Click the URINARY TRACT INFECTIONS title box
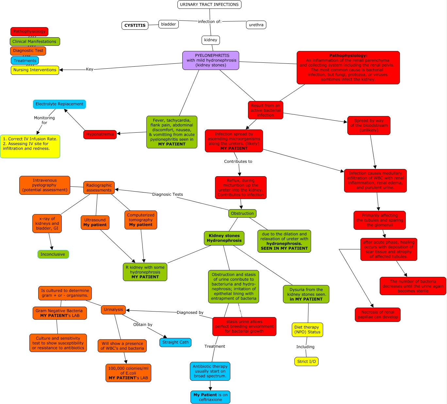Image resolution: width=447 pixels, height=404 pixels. click(x=209, y=5)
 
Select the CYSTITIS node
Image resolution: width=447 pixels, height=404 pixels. click(x=135, y=25)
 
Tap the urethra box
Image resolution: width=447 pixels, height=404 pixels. click(x=256, y=25)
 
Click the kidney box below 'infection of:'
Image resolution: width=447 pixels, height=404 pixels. click(x=210, y=40)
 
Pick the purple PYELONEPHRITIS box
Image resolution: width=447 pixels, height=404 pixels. click(x=211, y=60)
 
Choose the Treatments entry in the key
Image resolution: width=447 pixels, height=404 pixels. click(x=25, y=60)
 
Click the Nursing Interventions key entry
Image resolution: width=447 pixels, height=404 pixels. click(x=35, y=70)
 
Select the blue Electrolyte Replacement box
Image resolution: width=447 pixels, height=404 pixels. click(x=59, y=104)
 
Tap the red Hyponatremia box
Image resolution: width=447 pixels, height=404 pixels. click(x=100, y=134)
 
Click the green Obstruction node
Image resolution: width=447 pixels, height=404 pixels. click(x=242, y=213)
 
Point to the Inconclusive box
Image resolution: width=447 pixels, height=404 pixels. click(x=53, y=254)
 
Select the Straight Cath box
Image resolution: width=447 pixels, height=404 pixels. click(x=175, y=342)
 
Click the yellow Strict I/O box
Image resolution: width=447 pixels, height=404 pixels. click(x=306, y=362)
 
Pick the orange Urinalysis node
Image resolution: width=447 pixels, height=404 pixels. click(x=113, y=310)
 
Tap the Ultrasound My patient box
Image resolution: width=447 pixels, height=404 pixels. click(x=95, y=223)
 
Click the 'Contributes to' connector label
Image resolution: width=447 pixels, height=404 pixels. click(x=238, y=161)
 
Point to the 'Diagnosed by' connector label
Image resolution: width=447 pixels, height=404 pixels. click(x=190, y=312)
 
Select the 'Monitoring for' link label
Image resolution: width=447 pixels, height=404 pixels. click(x=44, y=120)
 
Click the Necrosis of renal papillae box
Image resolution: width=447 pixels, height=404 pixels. click(x=378, y=314)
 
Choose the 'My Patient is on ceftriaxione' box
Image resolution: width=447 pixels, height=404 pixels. click(x=210, y=397)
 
